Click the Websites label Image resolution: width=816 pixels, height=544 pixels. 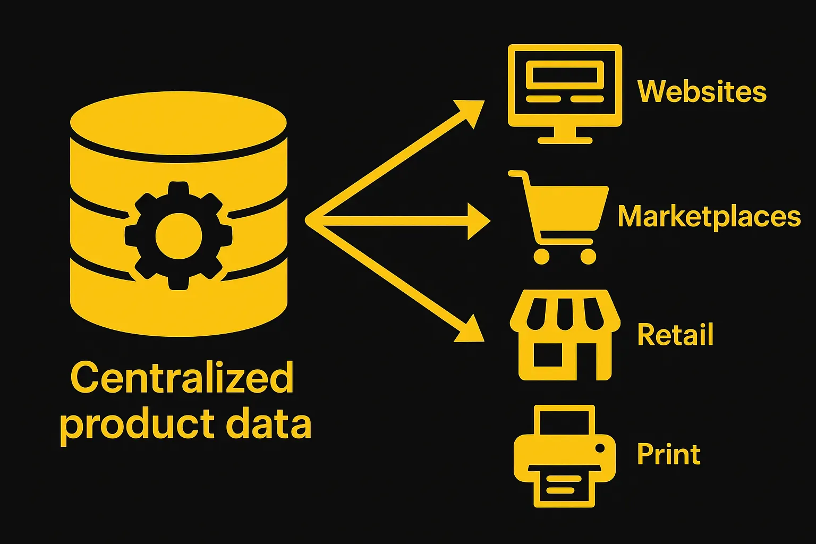point(702,91)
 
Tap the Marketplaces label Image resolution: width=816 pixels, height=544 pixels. point(709,217)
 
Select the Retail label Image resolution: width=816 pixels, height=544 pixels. point(675,335)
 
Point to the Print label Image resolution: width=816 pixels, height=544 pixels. point(668,454)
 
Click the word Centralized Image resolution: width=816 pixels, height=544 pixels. point(182,378)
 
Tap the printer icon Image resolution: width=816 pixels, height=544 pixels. point(565,456)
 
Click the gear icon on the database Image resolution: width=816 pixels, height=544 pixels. point(178,235)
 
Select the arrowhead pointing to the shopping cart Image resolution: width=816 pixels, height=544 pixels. point(478,220)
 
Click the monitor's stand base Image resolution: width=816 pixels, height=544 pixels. point(565,140)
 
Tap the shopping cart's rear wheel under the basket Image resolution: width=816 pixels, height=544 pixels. point(541,256)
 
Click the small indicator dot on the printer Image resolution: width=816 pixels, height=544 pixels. point(600,448)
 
